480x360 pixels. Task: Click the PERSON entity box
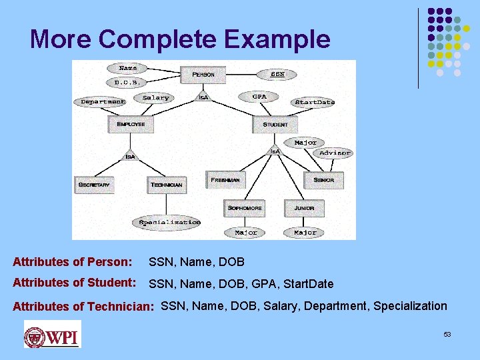[x=203, y=74]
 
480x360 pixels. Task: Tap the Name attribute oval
[x=127, y=68]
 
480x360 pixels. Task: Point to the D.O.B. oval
[x=127, y=83]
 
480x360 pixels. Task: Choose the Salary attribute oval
[x=156, y=97]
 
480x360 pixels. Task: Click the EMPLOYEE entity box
[x=131, y=124]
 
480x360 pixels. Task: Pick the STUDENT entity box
[x=275, y=124]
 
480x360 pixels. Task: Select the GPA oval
[x=259, y=97]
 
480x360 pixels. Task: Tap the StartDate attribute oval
[x=314, y=102]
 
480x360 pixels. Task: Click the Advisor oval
[x=335, y=153]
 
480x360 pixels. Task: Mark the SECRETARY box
[x=94, y=184]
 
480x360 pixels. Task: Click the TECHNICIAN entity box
[x=167, y=184]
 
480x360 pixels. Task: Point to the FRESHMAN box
[x=225, y=180]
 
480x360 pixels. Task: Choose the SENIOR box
[x=324, y=180]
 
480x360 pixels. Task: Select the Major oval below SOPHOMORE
[x=245, y=233]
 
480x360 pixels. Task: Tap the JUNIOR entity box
[x=304, y=208]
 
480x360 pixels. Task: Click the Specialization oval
[x=169, y=222]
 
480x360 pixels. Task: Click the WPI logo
[x=52, y=334]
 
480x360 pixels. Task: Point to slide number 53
[x=447, y=334]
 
